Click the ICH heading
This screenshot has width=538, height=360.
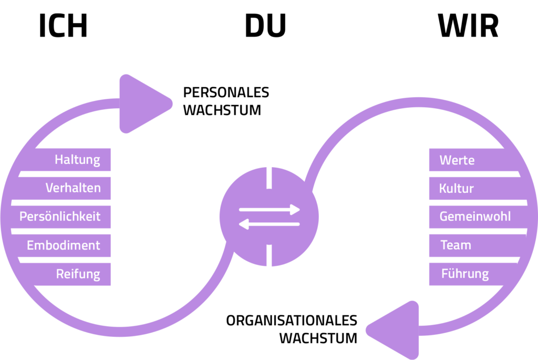[63, 27]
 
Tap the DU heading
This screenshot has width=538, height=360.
[265, 27]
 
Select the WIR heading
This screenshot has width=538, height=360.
[468, 27]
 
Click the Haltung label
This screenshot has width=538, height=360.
[77, 159]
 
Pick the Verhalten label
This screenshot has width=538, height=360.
[73, 188]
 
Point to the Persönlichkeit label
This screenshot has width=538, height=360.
[60, 217]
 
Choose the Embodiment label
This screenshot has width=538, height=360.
[64, 245]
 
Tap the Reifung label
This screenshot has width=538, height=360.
[78, 274]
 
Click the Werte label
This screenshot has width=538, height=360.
[457, 159]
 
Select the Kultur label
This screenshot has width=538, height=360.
[457, 188]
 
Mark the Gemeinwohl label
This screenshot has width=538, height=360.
[475, 217]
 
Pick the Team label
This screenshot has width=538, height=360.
[456, 245]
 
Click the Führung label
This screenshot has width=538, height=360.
[465, 274]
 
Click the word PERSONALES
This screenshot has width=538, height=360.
[226, 92]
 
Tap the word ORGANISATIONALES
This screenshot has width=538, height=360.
[292, 321]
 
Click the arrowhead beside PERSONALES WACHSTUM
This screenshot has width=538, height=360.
[142, 104]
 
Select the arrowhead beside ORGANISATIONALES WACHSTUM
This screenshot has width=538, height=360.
[395, 330]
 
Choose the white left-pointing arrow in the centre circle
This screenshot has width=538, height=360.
[269, 224]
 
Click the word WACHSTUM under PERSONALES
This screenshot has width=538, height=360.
[222, 111]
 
